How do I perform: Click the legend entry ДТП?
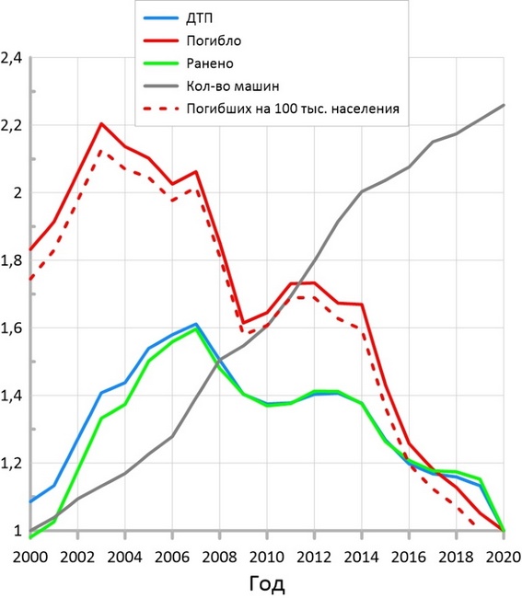tap(199, 17)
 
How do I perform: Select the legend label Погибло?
tap(214, 40)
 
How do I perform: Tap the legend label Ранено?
tap(210, 63)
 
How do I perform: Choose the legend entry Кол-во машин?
tap(233, 86)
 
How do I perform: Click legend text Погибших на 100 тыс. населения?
tap(293, 109)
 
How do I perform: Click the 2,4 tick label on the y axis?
tap(12, 58)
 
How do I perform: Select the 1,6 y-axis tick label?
tap(12, 328)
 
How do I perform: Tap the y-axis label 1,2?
tap(12, 464)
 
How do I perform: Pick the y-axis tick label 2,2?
tap(12, 125)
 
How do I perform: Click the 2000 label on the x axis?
tap(30, 558)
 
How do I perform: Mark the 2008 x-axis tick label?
tap(219, 558)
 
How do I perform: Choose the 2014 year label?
tap(362, 558)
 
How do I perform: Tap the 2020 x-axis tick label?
tap(504, 558)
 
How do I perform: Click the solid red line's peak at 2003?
tap(101, 123)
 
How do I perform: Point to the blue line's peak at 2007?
tap(196, 324)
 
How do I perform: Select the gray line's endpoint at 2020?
tap(504, 105)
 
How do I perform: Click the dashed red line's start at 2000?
tap(30, 279)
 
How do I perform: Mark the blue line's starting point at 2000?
tap(30, 501)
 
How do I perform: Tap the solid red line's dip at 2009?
tap(243, 323)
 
